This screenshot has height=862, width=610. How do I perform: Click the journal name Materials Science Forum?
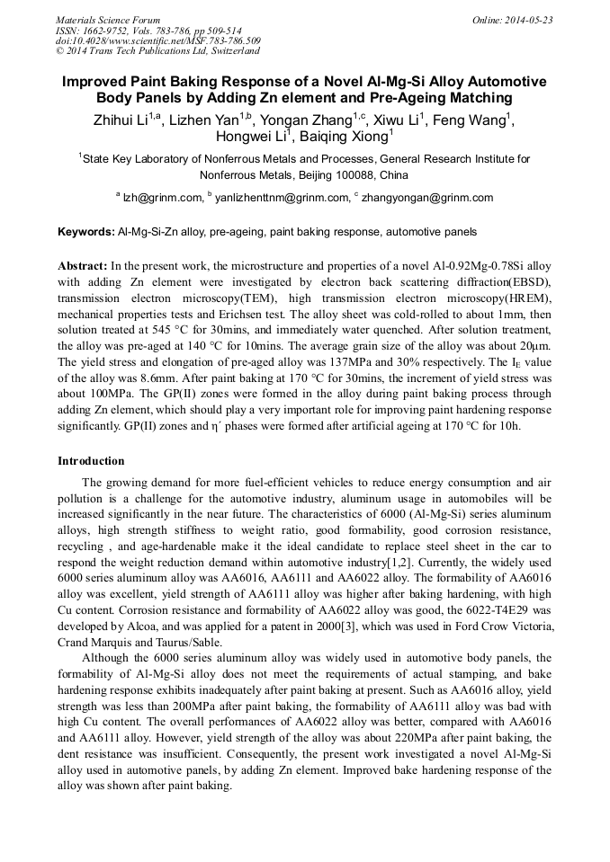[x=108, y=20]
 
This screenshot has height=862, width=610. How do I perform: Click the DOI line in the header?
[x=158, y=41]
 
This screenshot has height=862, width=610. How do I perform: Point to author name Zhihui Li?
[x=122, y=120]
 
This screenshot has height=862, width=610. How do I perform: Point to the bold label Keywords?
[x=86, y=232]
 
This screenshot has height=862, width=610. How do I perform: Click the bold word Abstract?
[x=83, y=267]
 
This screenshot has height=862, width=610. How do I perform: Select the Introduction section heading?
[x=91, y=461]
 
